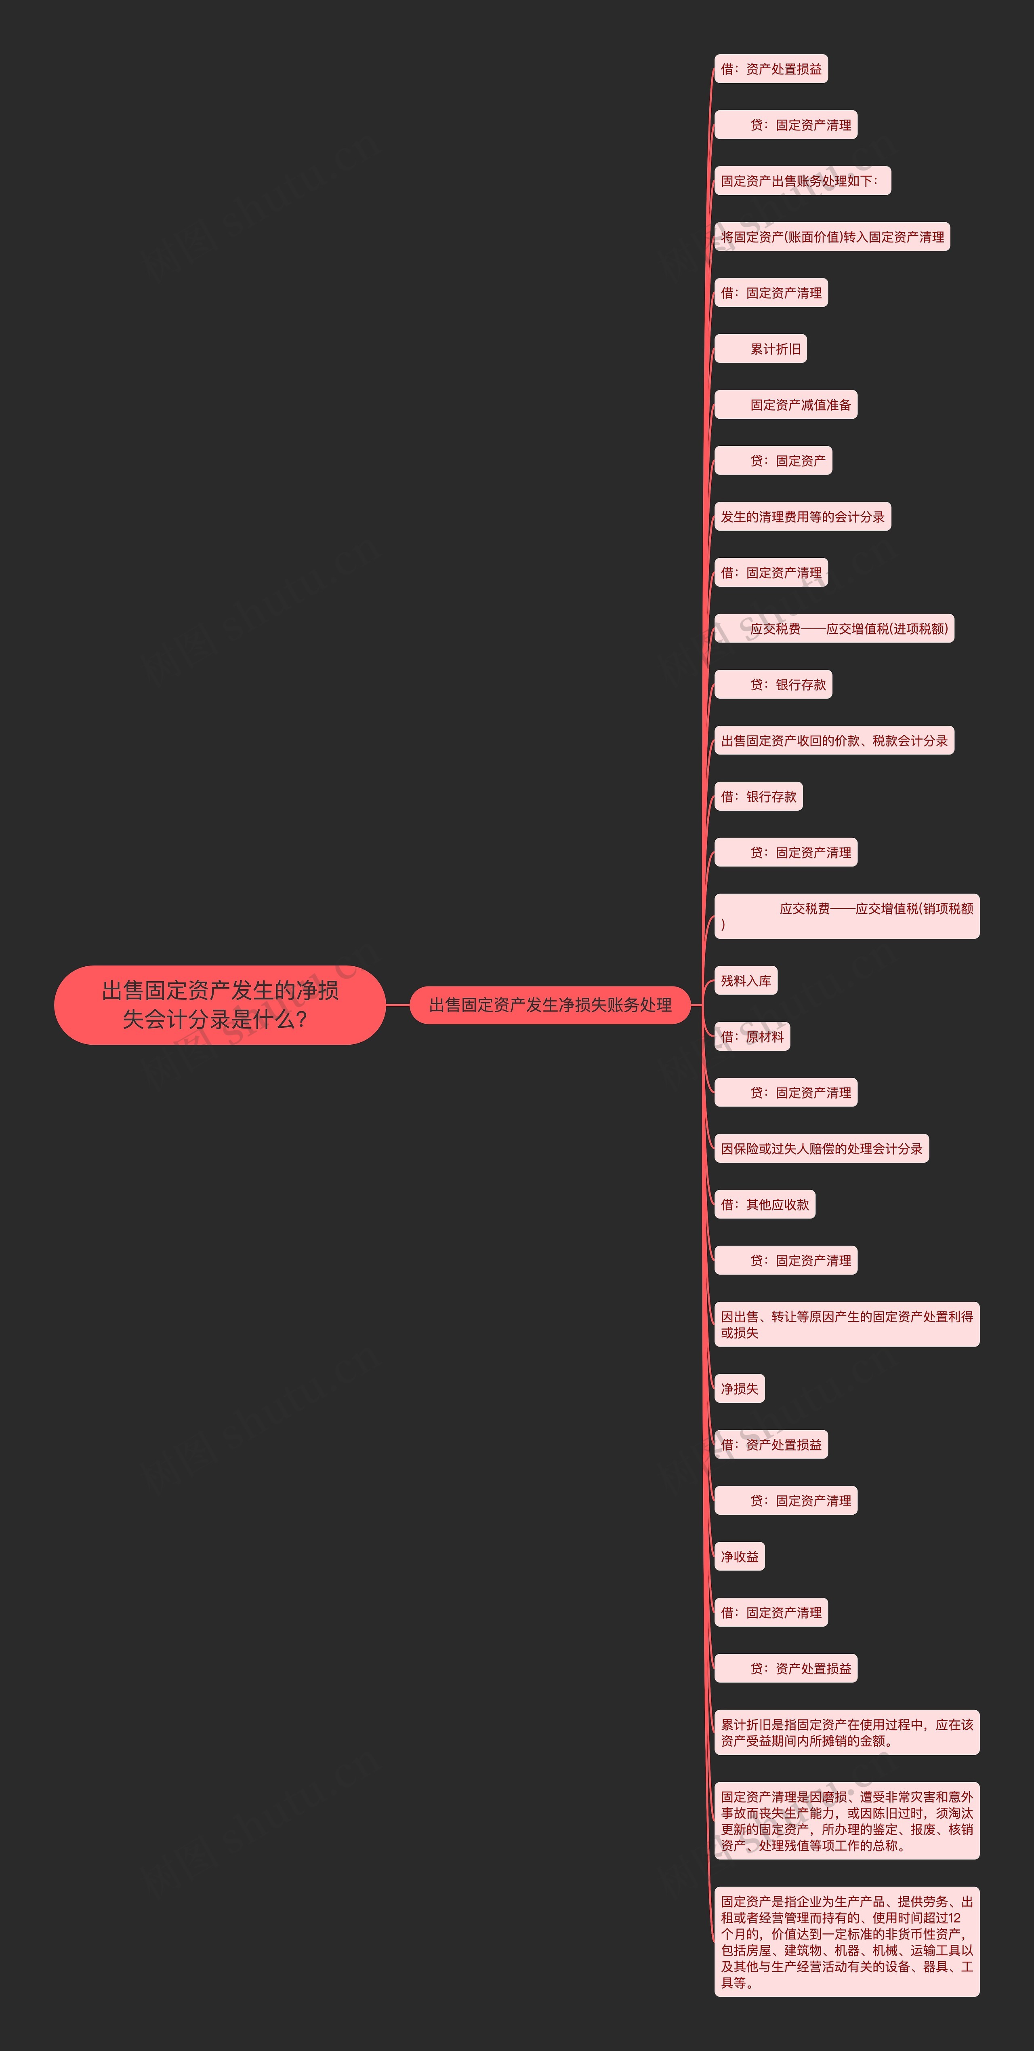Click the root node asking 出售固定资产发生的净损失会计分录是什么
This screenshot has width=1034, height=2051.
tap(220, 1005)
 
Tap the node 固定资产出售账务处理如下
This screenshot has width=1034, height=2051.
tap(802, 181)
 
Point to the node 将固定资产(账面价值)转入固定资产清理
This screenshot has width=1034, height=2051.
tap(832, 236)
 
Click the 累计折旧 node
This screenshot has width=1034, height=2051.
tap(761, 349)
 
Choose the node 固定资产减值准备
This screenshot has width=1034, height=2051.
tap(786, 405)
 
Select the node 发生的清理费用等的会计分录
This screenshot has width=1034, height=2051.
tap(803, 517)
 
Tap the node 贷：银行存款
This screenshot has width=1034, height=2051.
tap(773, 685)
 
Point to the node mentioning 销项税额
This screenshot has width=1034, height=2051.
tap(846, 916)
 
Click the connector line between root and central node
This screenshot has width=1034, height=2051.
tap(397, 1005)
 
